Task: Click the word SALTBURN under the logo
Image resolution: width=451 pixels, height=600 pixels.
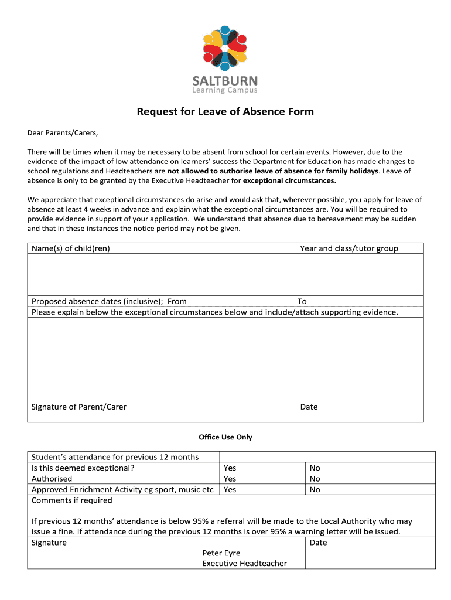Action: pos(225,81)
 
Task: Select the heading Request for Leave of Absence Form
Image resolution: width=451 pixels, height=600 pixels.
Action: pos(225,111)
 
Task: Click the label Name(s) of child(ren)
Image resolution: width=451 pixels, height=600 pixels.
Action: pos(71,248)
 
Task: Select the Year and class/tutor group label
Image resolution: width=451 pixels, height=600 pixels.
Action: pos(349,248)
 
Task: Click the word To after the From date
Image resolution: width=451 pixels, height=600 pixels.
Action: pos(302,302)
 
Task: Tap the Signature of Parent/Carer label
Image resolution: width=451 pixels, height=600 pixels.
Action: pos(78,407)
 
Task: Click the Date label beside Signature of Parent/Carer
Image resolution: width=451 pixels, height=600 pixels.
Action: pos(309,407)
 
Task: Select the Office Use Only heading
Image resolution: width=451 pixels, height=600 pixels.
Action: pos(225,437)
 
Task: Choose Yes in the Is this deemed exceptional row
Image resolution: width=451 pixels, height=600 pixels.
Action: pos(230,468)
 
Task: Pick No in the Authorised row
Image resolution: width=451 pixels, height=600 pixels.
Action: pos(315,479)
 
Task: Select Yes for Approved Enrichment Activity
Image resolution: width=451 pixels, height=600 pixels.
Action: pos(230,489)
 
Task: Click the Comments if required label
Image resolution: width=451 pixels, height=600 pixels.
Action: pos(71,500)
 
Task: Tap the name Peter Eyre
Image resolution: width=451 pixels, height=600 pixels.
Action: pos(221,553)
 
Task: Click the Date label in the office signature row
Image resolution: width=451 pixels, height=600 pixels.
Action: pos(318,543)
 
